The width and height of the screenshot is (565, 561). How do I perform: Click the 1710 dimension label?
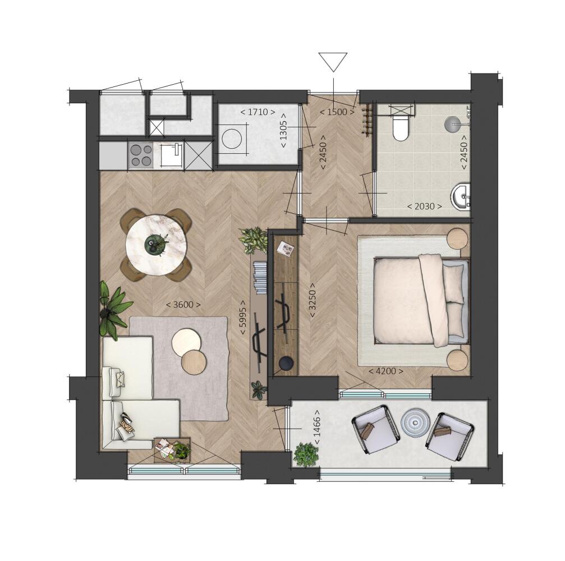[258, 112]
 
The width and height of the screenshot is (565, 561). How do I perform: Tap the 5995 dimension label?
[244, 317]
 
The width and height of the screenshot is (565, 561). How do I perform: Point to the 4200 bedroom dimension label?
[385, 371]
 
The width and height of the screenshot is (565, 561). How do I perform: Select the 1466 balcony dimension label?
[317, 427]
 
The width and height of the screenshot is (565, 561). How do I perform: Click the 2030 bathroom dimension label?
[425, 206]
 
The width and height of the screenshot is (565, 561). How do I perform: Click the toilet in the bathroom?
[400, 126]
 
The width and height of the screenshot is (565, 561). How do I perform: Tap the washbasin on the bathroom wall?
[461, 196]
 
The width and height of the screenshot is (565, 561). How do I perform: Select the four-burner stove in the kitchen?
[140, 155]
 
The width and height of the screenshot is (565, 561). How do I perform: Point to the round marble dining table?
[155, 244]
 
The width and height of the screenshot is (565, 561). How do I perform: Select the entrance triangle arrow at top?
[333, 62]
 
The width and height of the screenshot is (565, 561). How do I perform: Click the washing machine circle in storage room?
[232, 139]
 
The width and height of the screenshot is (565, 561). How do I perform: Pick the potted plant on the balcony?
[306, 455]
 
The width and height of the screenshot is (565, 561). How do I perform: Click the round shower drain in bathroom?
[451, 123]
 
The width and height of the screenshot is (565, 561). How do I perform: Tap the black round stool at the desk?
[287, 362]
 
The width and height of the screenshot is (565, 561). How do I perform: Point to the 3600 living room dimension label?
[183, 305]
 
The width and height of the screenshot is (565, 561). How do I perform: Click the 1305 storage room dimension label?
[283, 130]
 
